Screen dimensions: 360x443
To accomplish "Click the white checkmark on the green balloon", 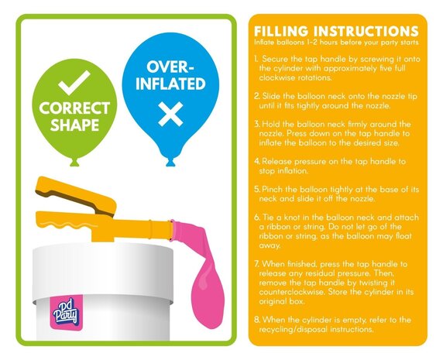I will point(76,80).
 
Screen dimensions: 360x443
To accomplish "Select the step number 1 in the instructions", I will point(257,60).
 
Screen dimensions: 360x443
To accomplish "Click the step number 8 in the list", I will point(257,319).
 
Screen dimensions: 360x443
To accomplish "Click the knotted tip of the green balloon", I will point(74,162).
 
